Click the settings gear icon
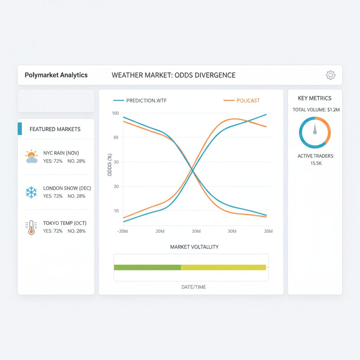330,75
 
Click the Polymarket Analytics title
56,75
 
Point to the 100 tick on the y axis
115,113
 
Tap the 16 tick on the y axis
116,211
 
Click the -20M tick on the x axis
122,231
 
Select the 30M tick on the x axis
232,231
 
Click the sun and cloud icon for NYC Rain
31,156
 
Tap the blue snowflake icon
31,192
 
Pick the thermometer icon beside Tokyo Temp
31,227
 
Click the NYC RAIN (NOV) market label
61,153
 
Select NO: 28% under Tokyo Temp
76,231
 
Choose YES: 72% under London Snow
53,196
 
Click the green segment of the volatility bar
147,267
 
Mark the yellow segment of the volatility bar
223,267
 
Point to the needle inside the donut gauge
315,128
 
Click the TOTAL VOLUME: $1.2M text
316,110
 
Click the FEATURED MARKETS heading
55,129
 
